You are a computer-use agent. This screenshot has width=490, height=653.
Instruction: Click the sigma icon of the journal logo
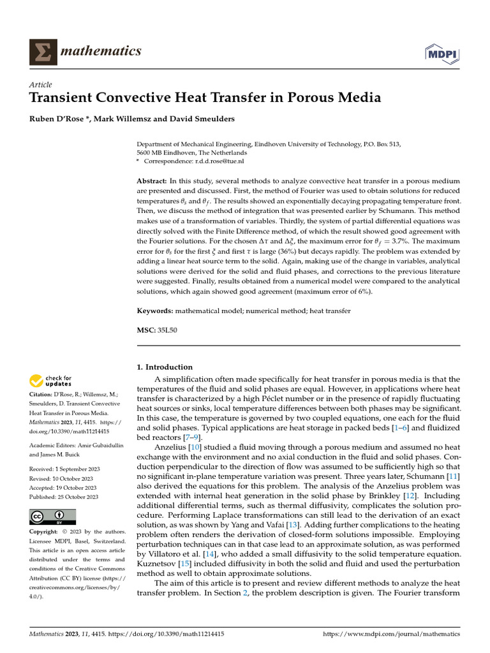pyautogui.click(x=41, y=52)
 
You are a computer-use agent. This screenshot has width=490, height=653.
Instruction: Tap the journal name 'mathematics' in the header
pyautogui.click(x=100, y=51)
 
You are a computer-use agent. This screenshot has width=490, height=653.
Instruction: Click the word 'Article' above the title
pyautogui.click(x=41, y=85)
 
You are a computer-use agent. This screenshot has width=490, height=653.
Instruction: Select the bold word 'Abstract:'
pyautogui.click(x=152, y=182)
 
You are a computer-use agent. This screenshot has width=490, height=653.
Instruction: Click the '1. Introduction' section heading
pyautogui.click(x=165, y=367)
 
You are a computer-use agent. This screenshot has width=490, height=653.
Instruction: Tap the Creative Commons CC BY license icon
pyautogui.click(x=53, y=517)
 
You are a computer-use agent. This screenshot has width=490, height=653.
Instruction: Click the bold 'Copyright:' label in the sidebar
pyautogui.click(x=45, y=532)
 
